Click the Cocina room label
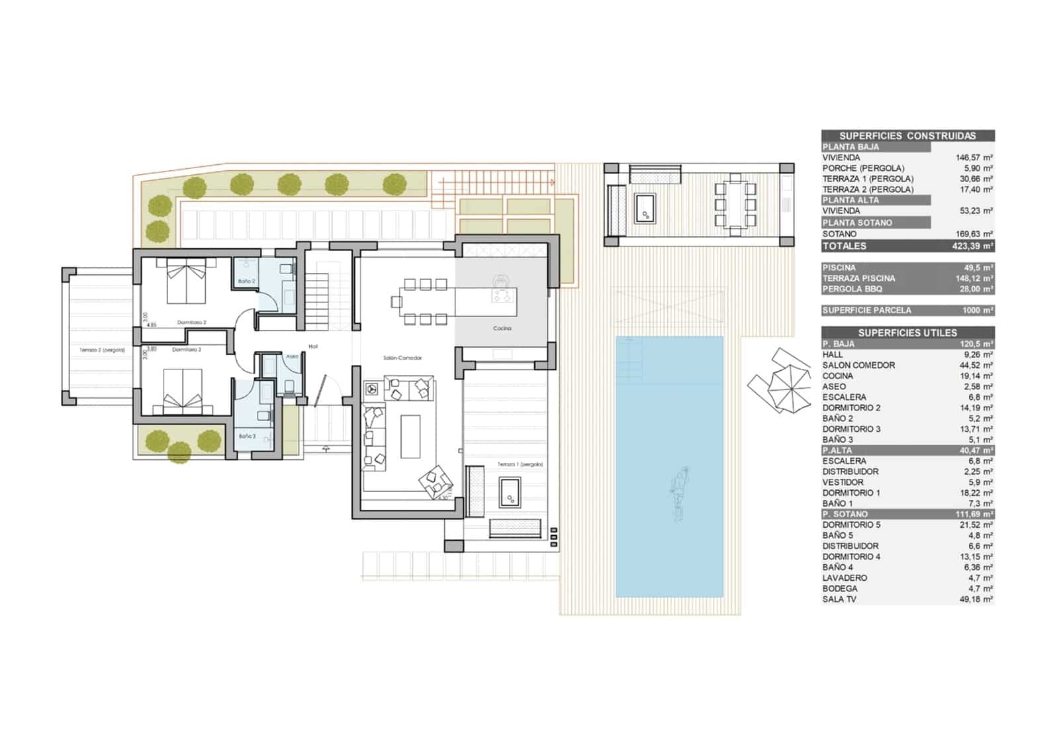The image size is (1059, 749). click(502, 328)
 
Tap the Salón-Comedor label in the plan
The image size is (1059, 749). click(402, 358)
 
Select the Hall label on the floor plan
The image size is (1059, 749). click(314, 346)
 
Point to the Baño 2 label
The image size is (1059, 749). click(246, 281)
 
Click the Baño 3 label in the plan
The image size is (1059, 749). click(247, 436)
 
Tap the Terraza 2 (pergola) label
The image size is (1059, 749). click(103, 350)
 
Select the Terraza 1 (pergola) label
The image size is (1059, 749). click(520, 465)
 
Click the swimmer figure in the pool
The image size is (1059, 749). click(678, 493)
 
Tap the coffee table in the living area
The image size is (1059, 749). click(410, 436)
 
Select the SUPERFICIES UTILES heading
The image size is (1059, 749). click(907, 332)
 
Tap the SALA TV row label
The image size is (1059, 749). click(842, 599)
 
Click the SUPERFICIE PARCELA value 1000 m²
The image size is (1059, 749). click(977, 310)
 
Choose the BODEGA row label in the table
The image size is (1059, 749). click(839, 589)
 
